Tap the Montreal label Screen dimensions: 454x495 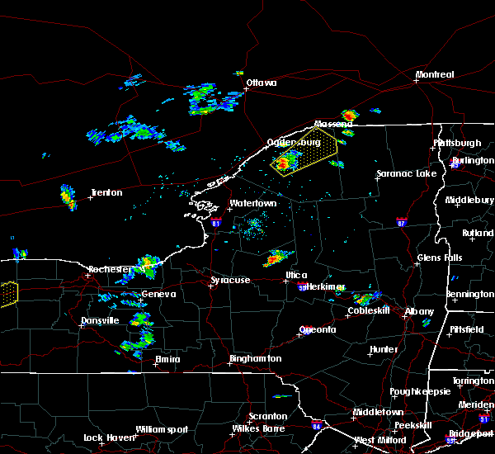(x=435, y=74)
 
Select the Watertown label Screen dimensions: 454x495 (x=252, y=202)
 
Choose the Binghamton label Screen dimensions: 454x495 (x=255, y=358)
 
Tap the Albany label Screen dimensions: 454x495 (x=418, y=311)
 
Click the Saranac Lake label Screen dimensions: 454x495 (x=406, y=173)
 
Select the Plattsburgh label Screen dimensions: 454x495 (x=457, y=143)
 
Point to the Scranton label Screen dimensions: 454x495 (x=269, y=416)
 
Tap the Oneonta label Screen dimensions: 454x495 (x=317, y=329)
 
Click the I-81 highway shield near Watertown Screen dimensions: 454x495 (x=216, y=222)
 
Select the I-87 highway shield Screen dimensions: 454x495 (x=401, y=222)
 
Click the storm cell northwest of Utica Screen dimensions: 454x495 (x=274, y=260)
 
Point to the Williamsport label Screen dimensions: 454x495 (x=162, y=429)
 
